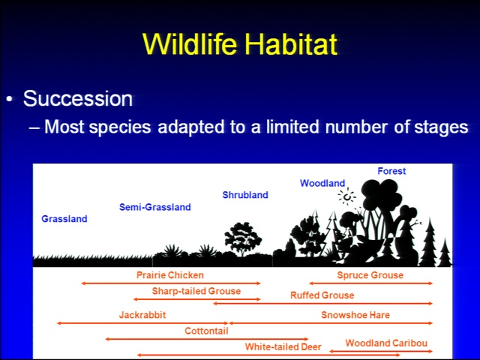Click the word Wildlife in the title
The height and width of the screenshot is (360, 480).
(x=190, y=43)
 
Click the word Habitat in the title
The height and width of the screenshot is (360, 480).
(x=291, y=43)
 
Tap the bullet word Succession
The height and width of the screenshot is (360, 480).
(x=78, y=98)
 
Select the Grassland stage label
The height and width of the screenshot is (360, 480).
(x=64, y=219)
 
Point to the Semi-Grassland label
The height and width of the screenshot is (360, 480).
(x=155, y=207)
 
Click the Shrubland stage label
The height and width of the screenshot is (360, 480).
(x=245, y=195)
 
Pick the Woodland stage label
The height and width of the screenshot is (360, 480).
(x=322, y=183)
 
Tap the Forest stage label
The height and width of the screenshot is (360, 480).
(x=391, y=171)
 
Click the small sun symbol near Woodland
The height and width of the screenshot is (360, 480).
(x=346, y=197)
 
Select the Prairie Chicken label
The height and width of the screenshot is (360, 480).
(x=170, y=275)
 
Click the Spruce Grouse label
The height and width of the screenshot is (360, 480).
(x=370, y=275)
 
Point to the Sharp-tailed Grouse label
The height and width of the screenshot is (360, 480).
(x=196, y=291)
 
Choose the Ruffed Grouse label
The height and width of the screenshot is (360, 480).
(x=322, y=295)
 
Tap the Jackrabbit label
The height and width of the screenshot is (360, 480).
(x=142, y=315)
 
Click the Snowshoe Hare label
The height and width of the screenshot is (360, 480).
(x=355, y=315)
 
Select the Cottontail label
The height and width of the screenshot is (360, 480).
(x=206, y=331)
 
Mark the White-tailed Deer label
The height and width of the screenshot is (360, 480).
(x=283, y=346)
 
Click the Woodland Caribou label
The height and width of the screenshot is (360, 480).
(x=386, y=343)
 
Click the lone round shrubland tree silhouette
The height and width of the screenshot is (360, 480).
(x=243, y=238)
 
